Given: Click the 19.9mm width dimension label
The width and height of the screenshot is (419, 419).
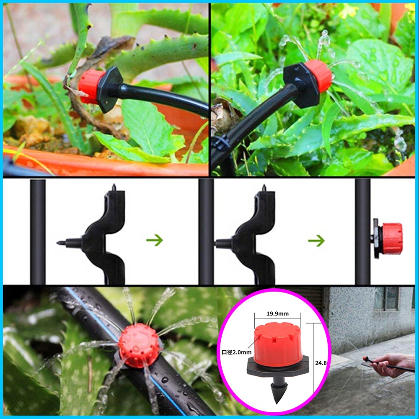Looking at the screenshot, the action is point(278,314).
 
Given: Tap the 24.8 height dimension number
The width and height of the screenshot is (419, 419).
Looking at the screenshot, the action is point(321,363).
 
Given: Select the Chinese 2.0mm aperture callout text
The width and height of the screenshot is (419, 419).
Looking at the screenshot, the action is point(236,352).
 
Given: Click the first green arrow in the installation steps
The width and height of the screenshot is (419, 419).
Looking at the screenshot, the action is point(155,240).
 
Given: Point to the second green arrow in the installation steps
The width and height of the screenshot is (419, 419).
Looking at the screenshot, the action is point(316,241).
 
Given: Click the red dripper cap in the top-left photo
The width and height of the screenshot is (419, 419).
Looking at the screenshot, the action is point(90,86).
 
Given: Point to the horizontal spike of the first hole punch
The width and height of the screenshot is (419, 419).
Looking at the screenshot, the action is point(69,243).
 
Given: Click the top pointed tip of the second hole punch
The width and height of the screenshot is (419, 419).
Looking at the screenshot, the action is point(264,186).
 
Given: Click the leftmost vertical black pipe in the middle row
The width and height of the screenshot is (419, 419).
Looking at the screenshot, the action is point(38,232).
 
